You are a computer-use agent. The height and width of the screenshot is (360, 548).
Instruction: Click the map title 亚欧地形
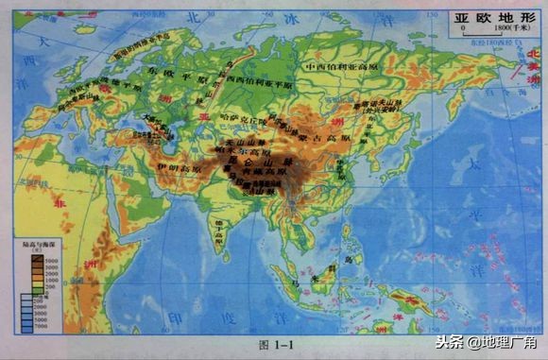pos(488,17)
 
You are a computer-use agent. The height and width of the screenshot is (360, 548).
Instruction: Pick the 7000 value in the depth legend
pos(43,326)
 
